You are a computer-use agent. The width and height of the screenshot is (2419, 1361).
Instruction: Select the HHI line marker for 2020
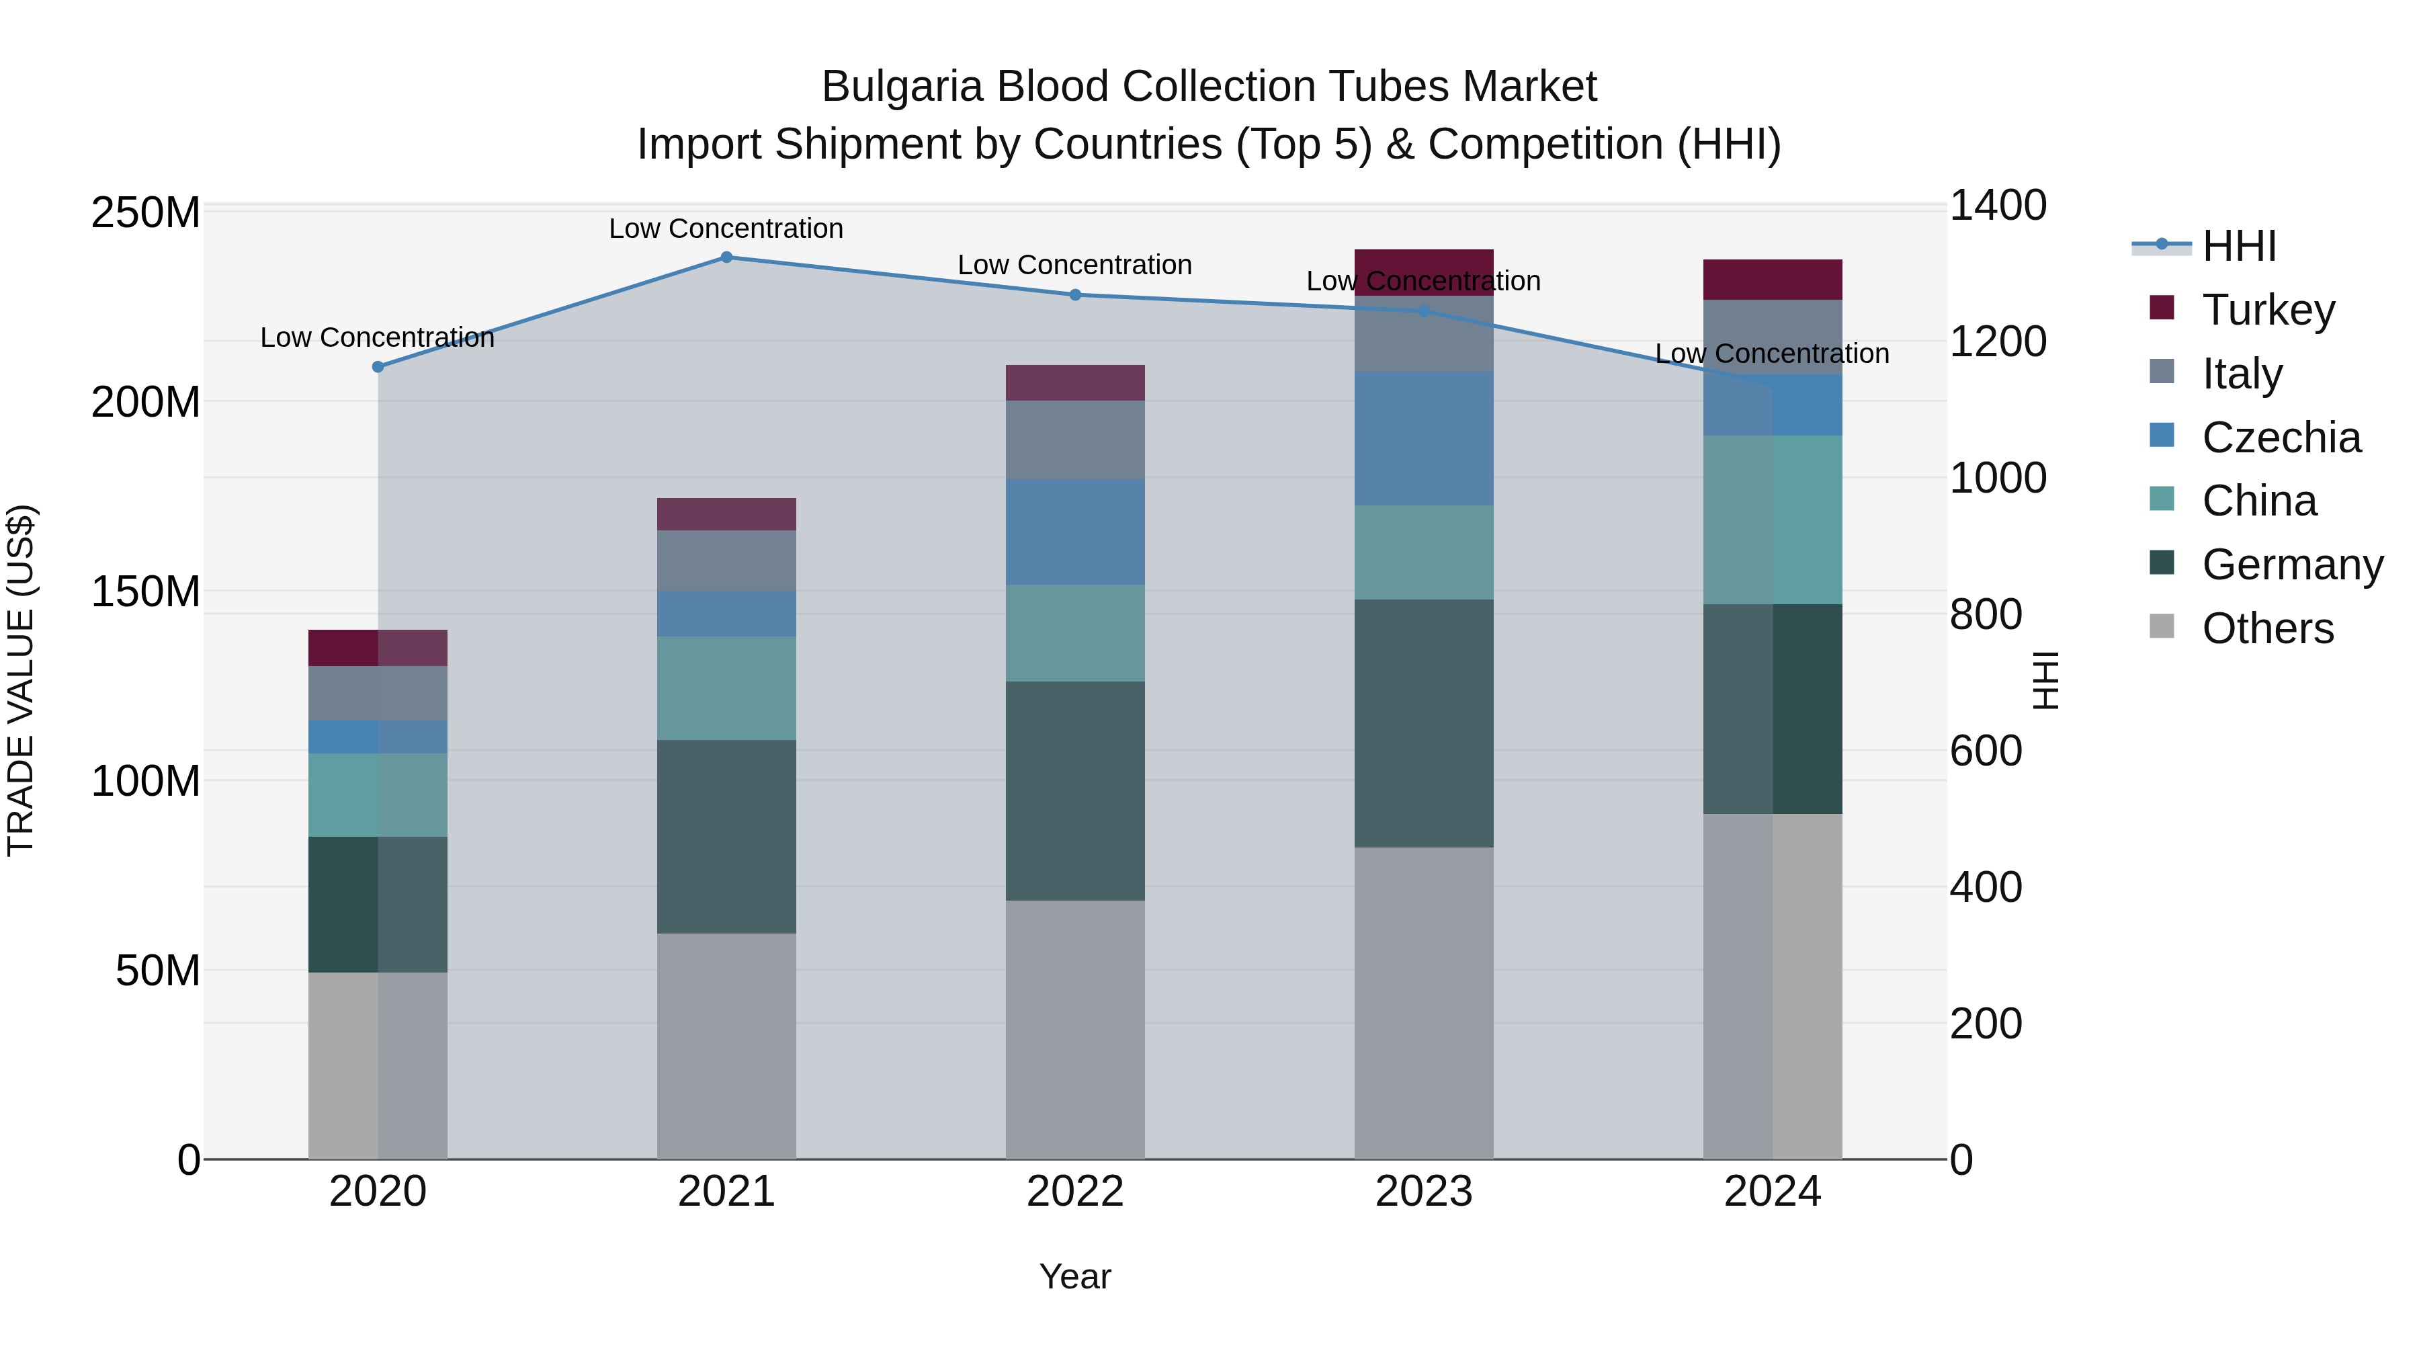[378, 367]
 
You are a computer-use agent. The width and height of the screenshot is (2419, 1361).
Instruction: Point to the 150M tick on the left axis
[146, 591]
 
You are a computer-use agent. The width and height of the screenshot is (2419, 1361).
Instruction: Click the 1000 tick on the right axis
[1998, 478]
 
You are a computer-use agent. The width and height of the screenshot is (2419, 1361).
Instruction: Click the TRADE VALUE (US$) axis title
[21, 681]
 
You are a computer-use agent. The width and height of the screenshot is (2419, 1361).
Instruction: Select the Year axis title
[1075, 1278]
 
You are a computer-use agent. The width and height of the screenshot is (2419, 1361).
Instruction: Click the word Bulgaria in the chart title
[902, 87]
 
